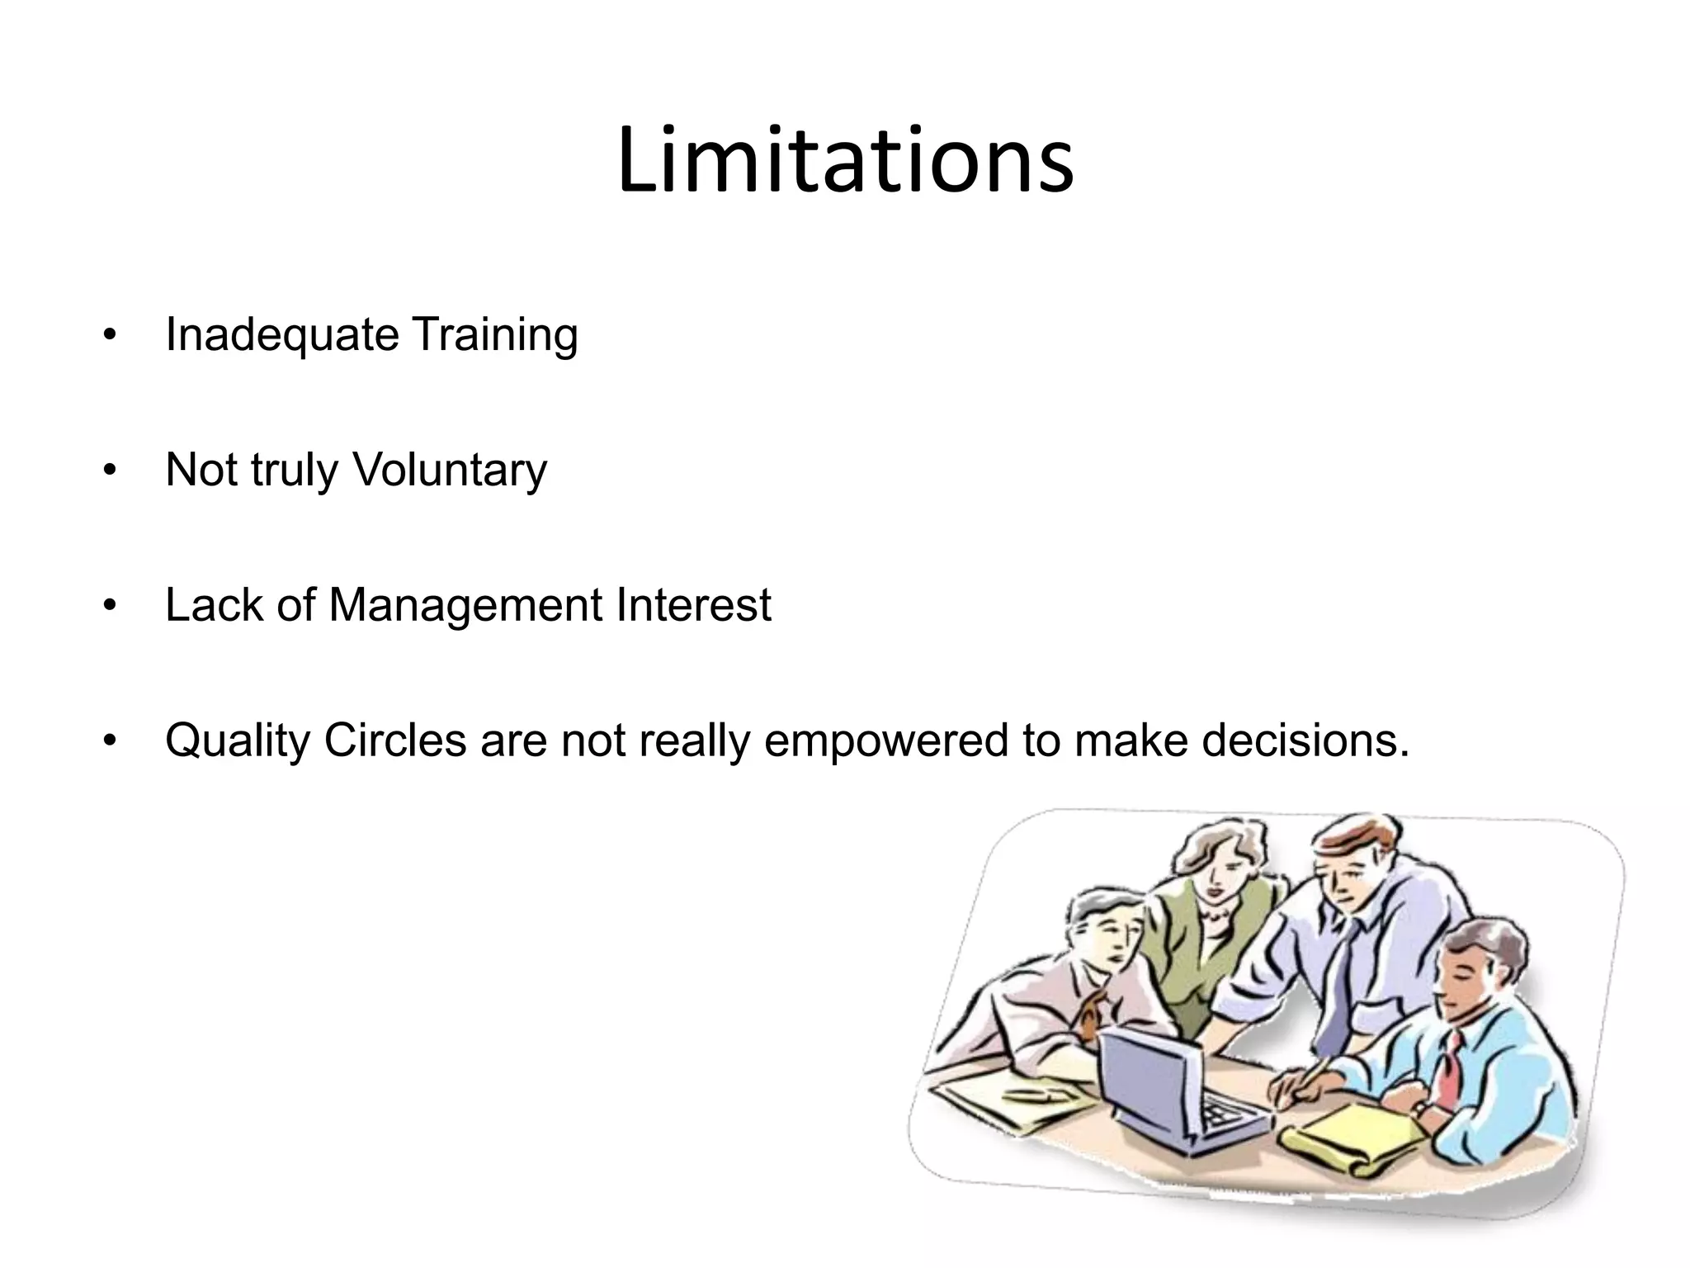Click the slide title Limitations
coord(845,160)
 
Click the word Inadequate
coord(281,336)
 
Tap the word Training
coord(494,336)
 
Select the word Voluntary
coord(450,471)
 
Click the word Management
coord(465,605)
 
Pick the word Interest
coord(693,605)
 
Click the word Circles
coord(395,740)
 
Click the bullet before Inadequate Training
coord(111,337)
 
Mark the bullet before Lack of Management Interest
coord(111,607)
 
